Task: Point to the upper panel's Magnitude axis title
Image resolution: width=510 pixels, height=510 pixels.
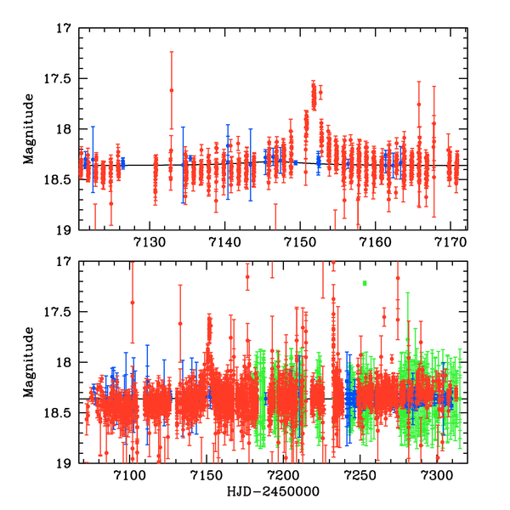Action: click(x=29, y=129)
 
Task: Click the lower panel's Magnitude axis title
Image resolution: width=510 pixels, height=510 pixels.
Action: click(x=29, y=362)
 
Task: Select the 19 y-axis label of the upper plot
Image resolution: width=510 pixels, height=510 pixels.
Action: click(x=65, y=229)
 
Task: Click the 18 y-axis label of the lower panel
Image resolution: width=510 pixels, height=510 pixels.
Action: click(x=65, y=363)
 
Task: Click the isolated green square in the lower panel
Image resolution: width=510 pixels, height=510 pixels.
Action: click(x=365, y=283)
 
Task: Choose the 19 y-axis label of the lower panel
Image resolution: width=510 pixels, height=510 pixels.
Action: click(x=65, y=463)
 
